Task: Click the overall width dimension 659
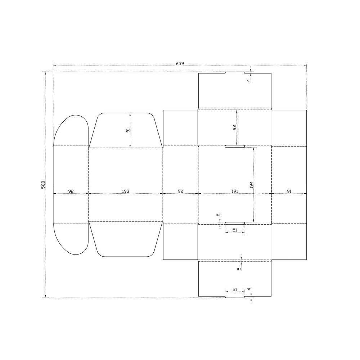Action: pos(180,63)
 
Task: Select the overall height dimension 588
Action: pos(43,185)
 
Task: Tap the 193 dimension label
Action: pos(125,191)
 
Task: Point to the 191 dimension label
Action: pos(235,191)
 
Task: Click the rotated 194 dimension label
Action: pos(251,185)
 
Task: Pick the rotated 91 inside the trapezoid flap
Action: pos(128,130)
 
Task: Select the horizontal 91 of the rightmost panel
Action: pos(289,191)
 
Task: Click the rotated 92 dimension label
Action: pos(234,128)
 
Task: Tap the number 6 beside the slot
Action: pos(218,215)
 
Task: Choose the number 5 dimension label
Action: pos(239,269)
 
